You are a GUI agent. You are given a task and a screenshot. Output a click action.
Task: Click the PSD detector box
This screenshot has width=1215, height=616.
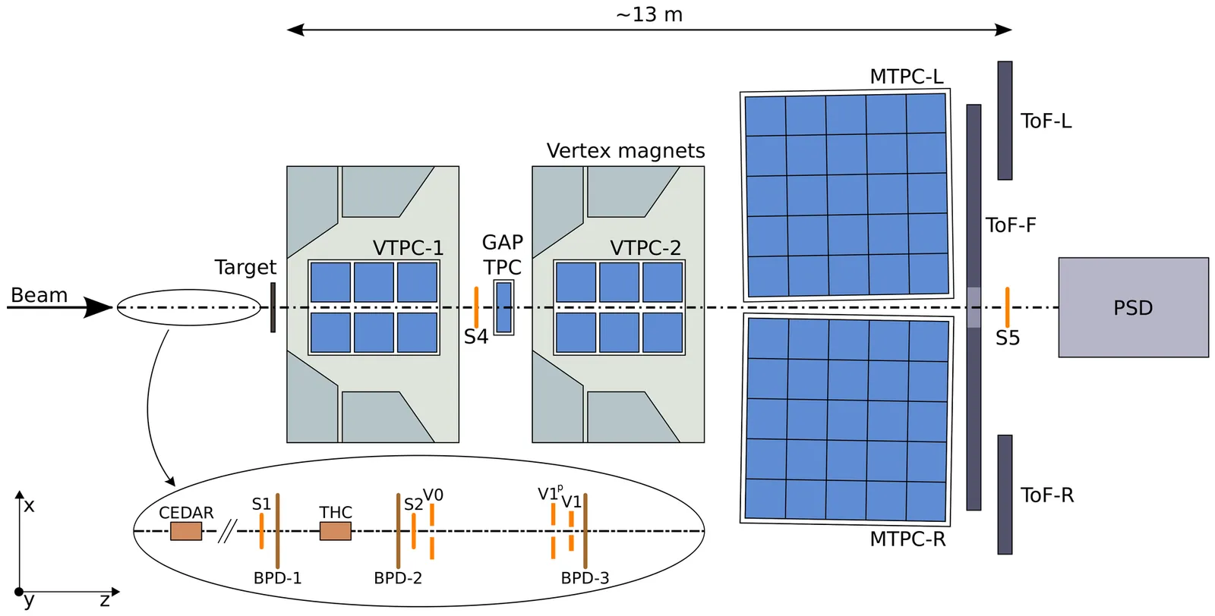[x=1133, y=307]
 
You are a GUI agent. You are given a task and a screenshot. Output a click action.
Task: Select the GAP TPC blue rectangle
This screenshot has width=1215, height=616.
[x=503, y=307]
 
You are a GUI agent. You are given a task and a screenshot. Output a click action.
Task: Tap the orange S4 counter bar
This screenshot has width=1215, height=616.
[x=476, y=306]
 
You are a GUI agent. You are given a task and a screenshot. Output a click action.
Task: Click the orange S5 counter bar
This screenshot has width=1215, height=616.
[x=1007, y=307]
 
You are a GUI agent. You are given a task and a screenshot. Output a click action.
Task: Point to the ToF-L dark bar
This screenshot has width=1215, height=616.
[x=1005, y=121]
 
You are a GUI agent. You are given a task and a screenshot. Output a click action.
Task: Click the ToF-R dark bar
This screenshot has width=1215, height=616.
[x=1005, y=495]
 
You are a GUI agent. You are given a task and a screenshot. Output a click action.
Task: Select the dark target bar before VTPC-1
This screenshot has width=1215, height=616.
[x=273, y=307]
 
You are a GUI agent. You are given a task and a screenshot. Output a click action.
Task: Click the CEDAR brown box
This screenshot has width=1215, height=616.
[x=186, y=531]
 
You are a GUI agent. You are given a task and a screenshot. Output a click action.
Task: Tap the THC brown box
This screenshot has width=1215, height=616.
[x=335, y=531]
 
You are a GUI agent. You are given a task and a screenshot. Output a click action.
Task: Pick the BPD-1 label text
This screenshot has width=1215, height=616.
[x=277, y=578]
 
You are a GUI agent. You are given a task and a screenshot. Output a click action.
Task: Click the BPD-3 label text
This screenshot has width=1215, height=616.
[x=585, y=578]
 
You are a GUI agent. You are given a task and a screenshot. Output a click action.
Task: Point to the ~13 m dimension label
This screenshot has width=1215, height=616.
[x=649, y=15]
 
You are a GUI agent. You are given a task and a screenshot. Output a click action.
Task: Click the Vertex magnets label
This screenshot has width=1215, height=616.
[x=626, y=151]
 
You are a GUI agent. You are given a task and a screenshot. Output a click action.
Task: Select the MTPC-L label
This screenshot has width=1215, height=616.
[x=906, y=77]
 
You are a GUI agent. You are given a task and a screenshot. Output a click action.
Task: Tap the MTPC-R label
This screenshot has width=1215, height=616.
[x=907, y=539]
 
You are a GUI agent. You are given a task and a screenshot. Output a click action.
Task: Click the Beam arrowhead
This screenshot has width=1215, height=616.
[x=99, y=307]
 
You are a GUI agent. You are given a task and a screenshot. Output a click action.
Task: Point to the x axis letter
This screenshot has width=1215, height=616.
[x=29, y=505]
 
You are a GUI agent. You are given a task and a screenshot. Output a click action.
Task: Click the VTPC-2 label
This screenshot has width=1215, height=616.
[x=645, y=248]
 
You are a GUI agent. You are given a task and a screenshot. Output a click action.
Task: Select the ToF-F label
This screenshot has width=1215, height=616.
[x=1011, y=225]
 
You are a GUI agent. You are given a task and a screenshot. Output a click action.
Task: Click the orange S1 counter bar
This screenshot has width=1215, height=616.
[x=261, y=531]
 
